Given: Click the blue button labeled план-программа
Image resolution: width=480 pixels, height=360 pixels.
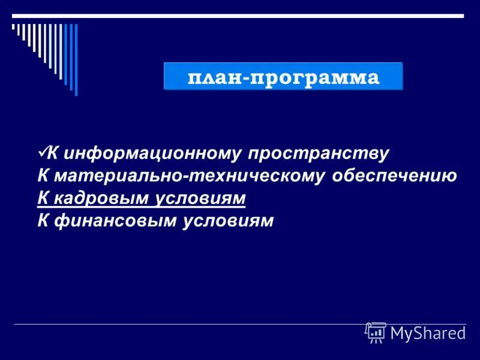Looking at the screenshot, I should pyautogui.click(x=283, y=77).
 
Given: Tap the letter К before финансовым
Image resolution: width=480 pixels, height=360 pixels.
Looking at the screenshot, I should pyautogui.click(x=43, y=220).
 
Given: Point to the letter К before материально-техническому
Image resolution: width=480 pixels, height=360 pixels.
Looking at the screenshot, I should pyautogui.click(x=43, y=176).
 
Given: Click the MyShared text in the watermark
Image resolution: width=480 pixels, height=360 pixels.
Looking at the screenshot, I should pyautogui.click(x=428, y=333).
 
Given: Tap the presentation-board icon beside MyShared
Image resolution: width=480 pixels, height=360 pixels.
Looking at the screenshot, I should pyautogui.click(x=376, y=332).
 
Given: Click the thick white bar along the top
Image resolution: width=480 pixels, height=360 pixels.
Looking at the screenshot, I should pyautogui.click(x=240, y=15).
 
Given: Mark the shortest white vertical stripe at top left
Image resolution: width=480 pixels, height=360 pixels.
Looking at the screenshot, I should pyautogui.click(x=13, y=27).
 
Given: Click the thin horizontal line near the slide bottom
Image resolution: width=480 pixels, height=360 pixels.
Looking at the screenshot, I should pyautogui.click(x=180, y=324).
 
